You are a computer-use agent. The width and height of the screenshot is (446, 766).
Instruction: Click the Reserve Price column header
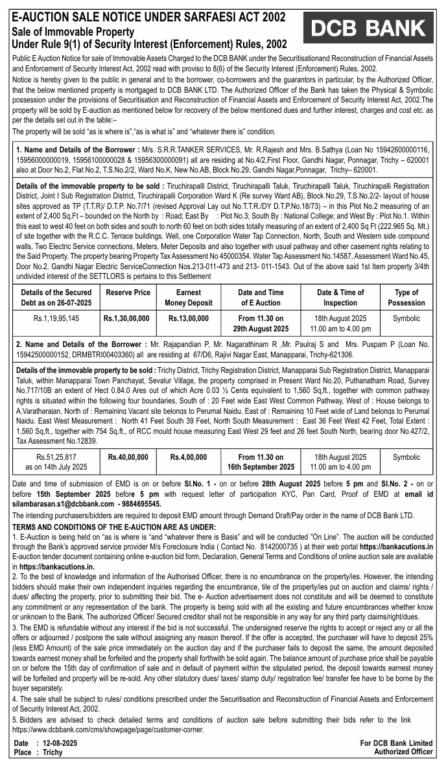click(x=128, y=293)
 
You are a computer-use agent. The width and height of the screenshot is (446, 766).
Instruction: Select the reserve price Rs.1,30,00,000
click(x=126, y=318)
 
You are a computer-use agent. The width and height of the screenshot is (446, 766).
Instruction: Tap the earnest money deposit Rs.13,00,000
click(x=189, y=318)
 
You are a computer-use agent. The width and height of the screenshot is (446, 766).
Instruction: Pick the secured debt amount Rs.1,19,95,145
click(x=56, y=318)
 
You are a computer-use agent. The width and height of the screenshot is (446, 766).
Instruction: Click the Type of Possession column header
click(x=406, y=298)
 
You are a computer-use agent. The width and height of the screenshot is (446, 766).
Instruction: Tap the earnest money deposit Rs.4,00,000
click(x=189, y=457)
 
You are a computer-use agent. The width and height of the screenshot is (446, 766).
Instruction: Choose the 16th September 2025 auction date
click(x=261, y=467)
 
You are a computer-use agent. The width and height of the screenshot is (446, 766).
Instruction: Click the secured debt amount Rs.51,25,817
click(x=56, y=457)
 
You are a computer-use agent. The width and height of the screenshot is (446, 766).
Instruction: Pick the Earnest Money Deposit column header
click(x=189, y=298)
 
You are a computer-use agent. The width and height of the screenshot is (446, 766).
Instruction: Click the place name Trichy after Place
click(x=53, y=752)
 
